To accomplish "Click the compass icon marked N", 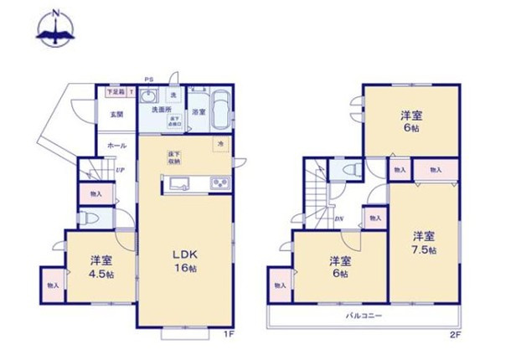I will click(56, 28).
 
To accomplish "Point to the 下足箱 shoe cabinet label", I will click(114, 90).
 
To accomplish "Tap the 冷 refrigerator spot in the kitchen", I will click(222, 145).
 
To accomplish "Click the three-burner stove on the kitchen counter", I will click(220, 184).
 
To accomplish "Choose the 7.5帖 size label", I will click(423, 249).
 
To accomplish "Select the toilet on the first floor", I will click(90, 219).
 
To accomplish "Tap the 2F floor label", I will click(455, 335).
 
